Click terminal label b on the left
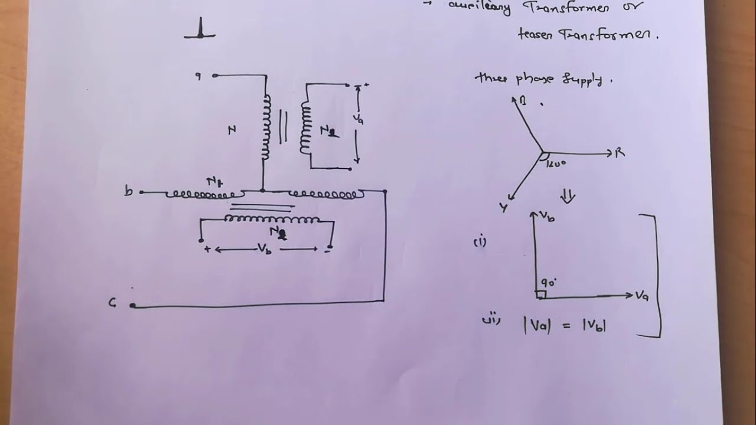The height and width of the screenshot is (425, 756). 128,191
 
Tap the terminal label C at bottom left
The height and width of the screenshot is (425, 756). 112,303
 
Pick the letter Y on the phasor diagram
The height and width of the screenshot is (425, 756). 503,207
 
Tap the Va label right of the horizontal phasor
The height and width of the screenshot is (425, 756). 642,295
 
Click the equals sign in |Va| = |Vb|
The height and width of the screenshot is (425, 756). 566,325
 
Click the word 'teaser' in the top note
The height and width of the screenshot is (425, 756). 534,35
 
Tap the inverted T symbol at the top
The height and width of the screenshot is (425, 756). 200,29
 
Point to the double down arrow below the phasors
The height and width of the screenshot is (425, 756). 567,196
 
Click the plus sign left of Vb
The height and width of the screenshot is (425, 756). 207,249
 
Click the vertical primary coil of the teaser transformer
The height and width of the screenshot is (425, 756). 266,127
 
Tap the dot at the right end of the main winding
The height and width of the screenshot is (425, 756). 385,191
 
